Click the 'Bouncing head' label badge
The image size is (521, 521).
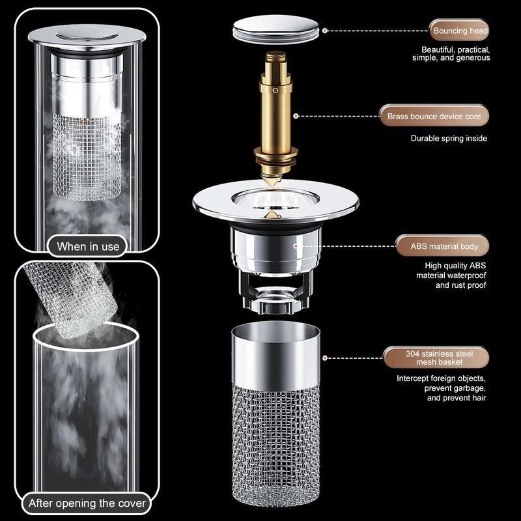point(458,31)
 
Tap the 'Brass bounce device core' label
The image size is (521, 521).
point(434,117)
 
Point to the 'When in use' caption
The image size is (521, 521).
point(88,246)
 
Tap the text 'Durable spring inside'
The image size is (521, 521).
point(449,138)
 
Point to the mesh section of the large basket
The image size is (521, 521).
point(276,443)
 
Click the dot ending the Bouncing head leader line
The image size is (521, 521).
point(325,31)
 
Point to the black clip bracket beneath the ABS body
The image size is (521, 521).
point(275,290)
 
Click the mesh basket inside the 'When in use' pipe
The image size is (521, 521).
point(87,156)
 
